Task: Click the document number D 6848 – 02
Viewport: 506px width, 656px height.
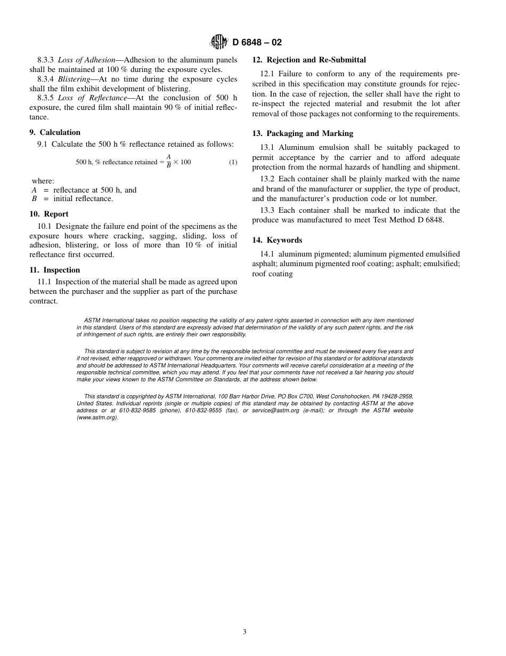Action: tap(257, 43)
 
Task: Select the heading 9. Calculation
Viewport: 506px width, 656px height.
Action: tap(55, 132)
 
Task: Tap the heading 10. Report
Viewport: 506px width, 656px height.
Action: tap(49, 214)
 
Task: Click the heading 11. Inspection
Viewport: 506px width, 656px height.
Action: tap(55, 270)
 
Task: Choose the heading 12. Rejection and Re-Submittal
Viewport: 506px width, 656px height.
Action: tap(309, 60)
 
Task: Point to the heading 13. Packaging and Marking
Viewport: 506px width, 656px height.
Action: tap(303, 133)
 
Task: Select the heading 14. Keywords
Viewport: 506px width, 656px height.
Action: tap(277, 240)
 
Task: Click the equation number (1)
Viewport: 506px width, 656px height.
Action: tap(233, 162)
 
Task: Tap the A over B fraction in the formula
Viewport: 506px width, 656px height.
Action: tap(168, 162)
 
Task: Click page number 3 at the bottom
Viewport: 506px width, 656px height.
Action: tap(244, 632)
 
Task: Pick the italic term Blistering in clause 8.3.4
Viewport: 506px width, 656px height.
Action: tap(74, 79)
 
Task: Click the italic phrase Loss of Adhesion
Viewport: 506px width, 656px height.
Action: tap(86, 60)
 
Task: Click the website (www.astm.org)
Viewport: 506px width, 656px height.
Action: tap(97, 417)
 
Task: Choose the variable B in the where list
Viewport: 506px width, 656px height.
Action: tap(34, 198)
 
